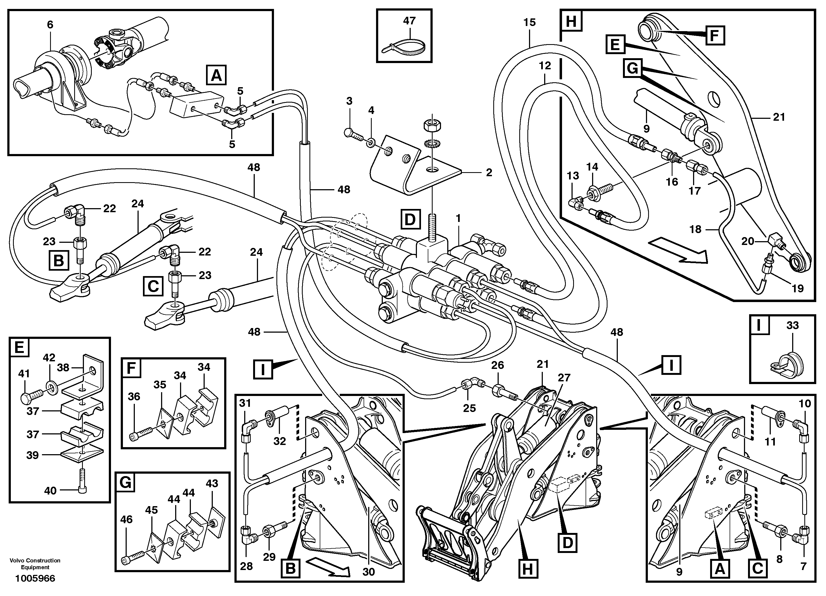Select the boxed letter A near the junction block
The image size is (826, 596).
point(216,75)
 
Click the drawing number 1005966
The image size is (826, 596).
point(35,578)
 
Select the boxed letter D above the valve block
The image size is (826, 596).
point(410,219)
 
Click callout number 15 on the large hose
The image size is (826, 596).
point(529,22)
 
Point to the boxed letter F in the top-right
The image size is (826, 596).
point(714,35)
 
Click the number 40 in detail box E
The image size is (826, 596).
point(50,491)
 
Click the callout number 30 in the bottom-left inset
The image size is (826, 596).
point(368,572)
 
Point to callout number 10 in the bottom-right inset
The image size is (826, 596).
point(805,403)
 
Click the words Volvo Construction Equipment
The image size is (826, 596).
point(35,564)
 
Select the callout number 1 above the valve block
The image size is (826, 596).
point(458,218)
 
